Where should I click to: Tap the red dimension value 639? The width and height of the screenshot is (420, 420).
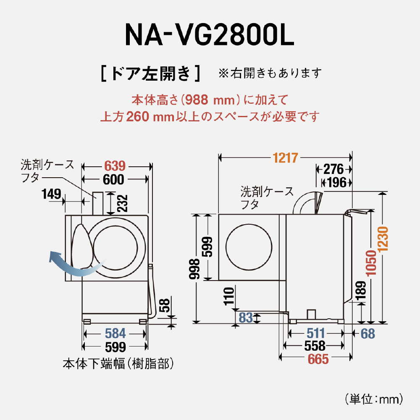(x=115, y=165)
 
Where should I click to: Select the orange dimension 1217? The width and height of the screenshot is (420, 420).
(x=285, y=158)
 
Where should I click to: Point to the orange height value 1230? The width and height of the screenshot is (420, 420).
(x=383, y=239)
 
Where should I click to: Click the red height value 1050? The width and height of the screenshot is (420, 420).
(x=370, y=262)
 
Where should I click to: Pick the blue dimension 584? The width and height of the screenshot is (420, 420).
(x=115, y=333)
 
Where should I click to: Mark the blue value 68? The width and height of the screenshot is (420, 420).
(x=367, y=333)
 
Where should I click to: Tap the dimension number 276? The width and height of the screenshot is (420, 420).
(x=334, y=170)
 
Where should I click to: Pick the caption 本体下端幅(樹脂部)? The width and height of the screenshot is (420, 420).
(x=118, y=363)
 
